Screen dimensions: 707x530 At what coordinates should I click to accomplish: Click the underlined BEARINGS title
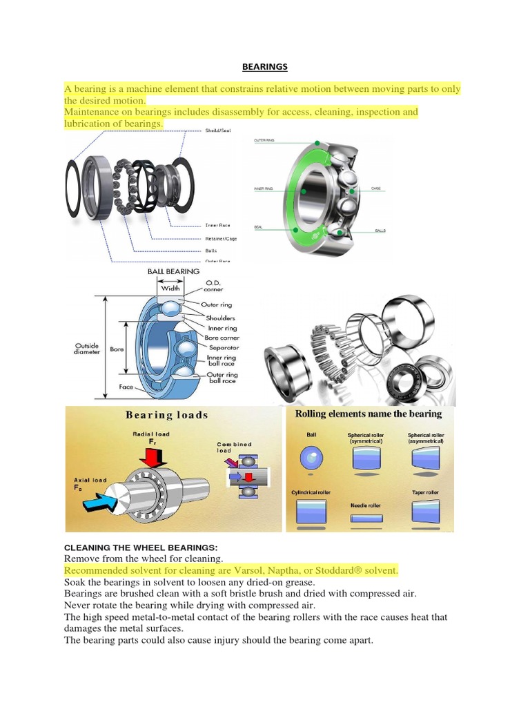(264, 67)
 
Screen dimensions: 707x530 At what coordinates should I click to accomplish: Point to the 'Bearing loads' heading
(166, 415)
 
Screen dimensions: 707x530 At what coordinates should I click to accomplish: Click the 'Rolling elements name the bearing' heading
(368, 414)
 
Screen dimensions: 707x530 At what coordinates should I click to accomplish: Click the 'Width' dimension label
(170, 289)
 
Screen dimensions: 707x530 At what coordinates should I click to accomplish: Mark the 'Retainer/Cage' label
(222, 238)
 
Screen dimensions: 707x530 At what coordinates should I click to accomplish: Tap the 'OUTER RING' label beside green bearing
(264, 141)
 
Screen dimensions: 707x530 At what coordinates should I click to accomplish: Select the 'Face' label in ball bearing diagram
(126, 387)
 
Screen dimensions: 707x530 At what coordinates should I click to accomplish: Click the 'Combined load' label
(234, 447)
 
